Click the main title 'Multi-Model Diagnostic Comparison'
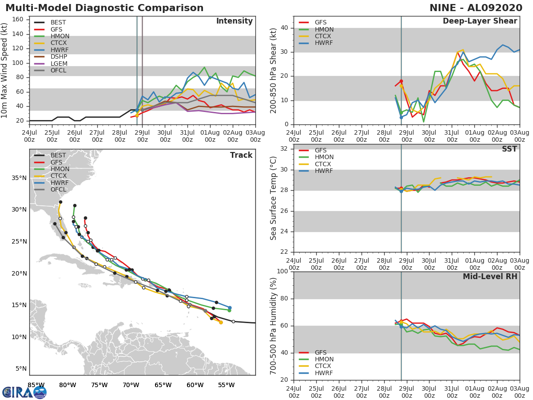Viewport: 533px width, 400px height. (x=104, y=8)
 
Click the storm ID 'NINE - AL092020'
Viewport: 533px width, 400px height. (x=476, y=8)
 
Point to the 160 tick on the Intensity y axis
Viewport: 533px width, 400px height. (x=18, y=20)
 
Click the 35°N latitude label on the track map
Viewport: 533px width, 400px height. (x=19, y=178)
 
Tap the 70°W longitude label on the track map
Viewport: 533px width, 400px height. (x=131, y=385)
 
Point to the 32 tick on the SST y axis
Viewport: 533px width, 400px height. (x=284, y=148)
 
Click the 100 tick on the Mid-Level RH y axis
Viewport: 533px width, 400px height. (x=282, y=271)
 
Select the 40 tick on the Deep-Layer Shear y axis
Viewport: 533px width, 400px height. (x=284, y=28)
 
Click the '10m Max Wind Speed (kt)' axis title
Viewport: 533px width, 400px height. (x=4, y=70)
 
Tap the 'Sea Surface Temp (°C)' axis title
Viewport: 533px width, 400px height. (x=273, y=198)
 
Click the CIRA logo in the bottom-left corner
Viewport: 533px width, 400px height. (x=24, y=392)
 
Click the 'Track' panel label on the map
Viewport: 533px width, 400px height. (x=241, y=155)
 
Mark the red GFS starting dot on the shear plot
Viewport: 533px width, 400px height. (x=401, y=81)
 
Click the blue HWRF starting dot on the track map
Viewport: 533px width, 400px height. (x=230, y=308)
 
